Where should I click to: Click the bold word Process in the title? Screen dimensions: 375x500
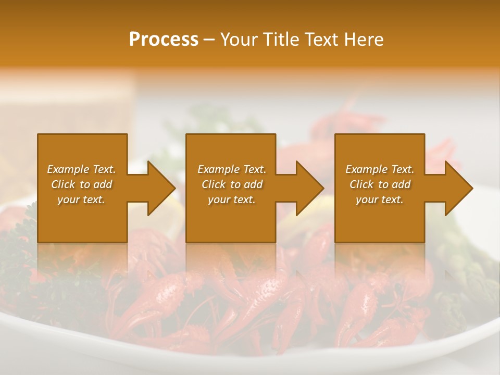tap(164, 40)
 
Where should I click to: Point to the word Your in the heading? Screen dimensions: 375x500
tap(239, 40)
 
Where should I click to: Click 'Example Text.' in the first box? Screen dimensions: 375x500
tap(81, 169)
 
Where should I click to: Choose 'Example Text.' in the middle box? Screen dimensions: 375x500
tap(232, 169)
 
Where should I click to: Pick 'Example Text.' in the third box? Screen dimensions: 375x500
tap(380, 169)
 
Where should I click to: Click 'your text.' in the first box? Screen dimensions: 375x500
tap(81, 199)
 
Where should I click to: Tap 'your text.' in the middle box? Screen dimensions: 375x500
tap(232, 199)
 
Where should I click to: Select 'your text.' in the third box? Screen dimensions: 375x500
tap(380, 199)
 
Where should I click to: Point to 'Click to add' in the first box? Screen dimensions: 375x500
tap(81, 184)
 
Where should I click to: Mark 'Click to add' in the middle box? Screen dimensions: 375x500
tap(232, 184)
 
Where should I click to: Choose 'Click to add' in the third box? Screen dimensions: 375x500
tap(380, 184)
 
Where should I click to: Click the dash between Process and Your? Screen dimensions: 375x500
tap(209, 40)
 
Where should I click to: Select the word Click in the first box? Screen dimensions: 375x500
tap(63, 184)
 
